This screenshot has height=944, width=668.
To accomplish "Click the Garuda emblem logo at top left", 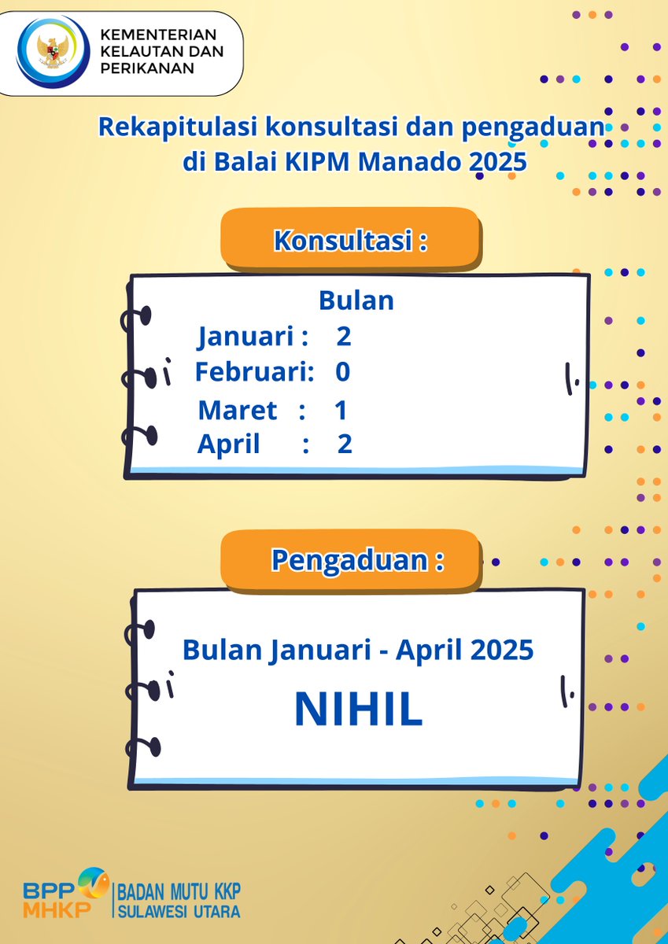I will (x=52, y=51).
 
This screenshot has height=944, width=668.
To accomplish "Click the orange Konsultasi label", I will (x=350, y=240).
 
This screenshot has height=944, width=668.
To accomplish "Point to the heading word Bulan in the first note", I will (x=356, y=301).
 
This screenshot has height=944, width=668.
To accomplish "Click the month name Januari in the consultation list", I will (x=245, y=337).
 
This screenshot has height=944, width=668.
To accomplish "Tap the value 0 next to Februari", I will (x=342, y=371).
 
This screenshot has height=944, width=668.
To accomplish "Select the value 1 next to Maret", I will (x=340, y=410).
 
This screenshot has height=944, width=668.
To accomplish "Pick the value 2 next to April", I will (x=345, y=444).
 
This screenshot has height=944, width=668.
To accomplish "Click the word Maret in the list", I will (x=237, y=410).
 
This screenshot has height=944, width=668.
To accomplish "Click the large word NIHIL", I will (x=358, y=710).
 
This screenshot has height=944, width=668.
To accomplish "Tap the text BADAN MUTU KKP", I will (x=179, y=891).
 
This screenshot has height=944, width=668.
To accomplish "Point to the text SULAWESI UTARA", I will (x=179, y=913).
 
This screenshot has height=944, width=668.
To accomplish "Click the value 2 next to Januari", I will (x=343, y=337).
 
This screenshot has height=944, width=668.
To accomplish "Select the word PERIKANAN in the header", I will (x=147, y=68).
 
